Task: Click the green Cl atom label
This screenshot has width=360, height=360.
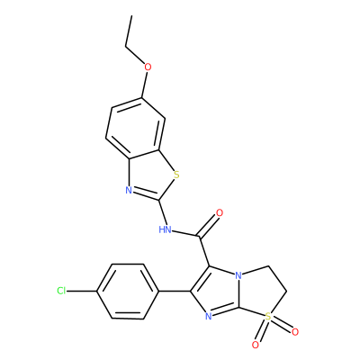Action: point(61,291)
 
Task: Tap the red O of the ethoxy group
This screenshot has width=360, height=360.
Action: point(148,67)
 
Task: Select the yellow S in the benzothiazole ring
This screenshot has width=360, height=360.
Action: point(176,175)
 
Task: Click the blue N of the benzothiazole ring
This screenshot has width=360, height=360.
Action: point(129,190)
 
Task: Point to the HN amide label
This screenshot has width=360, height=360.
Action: point(165,229)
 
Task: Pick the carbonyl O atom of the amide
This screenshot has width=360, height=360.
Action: point(220,213)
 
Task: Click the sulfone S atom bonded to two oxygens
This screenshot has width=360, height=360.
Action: point(268,315)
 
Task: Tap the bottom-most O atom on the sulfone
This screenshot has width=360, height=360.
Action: point(256,345)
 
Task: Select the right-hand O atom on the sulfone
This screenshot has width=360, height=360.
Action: point(295,332)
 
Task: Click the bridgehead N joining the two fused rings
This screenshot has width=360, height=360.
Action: point(238,275)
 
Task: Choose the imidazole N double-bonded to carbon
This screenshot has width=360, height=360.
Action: point(209,316)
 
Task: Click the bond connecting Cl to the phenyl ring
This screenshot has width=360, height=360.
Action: point(82,291)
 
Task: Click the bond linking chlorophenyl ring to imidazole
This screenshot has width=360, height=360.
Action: point(175,291)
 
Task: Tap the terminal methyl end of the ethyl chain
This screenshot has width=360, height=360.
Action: point(131,15)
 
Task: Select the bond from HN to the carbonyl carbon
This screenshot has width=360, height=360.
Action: point(186,234)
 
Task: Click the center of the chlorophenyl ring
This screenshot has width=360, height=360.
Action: point(128,291)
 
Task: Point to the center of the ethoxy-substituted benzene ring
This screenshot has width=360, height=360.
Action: point(135,129)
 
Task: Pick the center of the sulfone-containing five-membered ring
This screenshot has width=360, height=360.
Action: point(259,292)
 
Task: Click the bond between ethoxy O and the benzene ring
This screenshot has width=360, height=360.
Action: point(144,85)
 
